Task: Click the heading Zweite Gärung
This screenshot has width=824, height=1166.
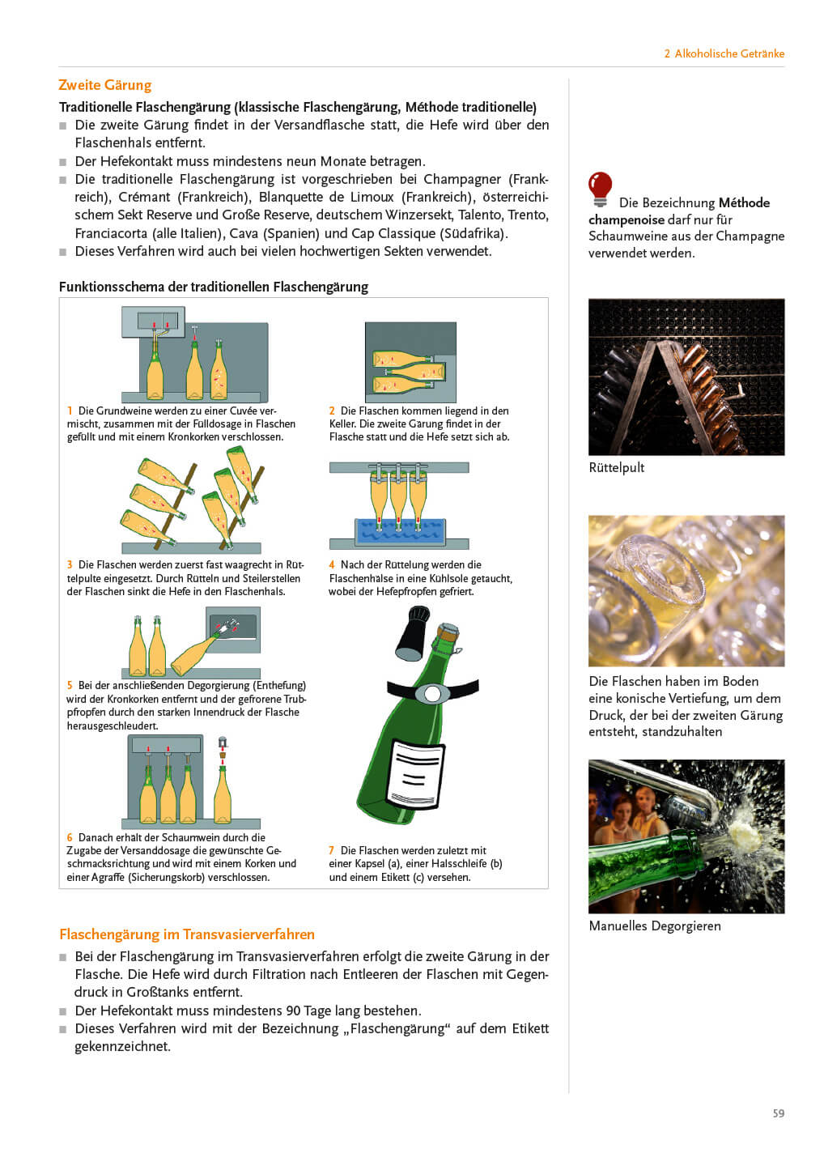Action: (104, 85)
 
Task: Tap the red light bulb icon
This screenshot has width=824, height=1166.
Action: (600, 188)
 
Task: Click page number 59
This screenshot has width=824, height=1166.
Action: (778, 1113)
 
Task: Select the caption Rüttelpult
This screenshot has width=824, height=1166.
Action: (616, 467)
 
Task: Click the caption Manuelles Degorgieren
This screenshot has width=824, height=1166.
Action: (654, 926)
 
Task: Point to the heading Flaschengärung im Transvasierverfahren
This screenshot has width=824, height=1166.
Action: (187, 934)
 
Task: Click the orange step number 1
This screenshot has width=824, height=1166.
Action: (70, 411)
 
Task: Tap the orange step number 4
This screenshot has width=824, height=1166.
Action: (332, 564)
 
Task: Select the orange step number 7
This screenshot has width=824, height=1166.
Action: (332, 850)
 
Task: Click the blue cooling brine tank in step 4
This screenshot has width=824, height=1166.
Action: (400, 531)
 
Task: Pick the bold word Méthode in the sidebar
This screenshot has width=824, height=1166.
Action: (744, 202)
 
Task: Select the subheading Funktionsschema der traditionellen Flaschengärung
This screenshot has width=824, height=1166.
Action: (214, 287)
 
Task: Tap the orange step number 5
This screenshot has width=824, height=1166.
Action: (70, 685)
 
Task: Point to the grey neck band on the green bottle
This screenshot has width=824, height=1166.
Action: (432, 693)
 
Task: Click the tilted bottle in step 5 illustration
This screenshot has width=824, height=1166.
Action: (194, 653)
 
